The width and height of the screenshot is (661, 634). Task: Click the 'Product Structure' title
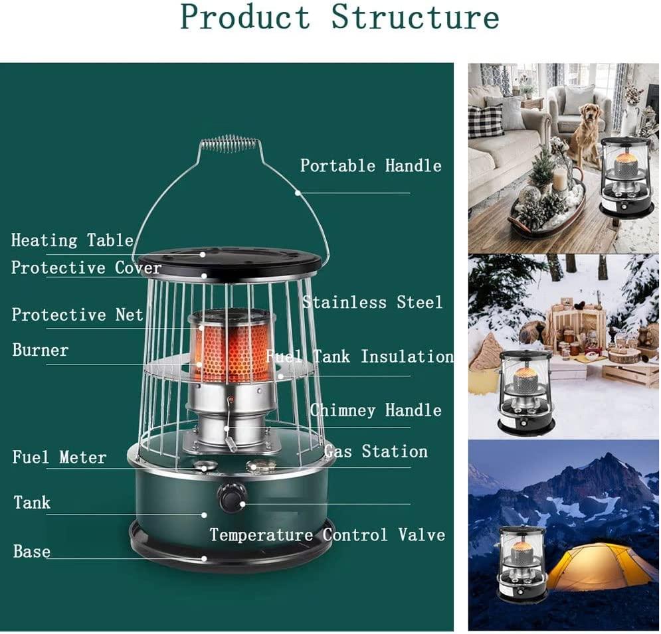click(339, 17)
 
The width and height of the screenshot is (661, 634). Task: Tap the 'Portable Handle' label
click(371, 165)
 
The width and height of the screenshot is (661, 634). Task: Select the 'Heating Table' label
click(72, 240)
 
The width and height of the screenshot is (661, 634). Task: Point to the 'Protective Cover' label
click(86, 268)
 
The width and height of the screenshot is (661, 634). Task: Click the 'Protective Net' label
click(78, 315)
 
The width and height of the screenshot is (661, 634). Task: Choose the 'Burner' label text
click(41, 350)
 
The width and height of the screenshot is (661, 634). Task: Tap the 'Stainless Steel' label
click(373, 302)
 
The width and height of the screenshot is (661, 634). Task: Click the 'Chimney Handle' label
click(376, 410)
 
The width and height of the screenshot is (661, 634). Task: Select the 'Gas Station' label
click(376, 451)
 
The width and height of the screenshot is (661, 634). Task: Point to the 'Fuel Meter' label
click(59, 457)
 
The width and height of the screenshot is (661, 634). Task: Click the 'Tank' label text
click(32, 502)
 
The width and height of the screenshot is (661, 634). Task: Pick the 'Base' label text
click(32, 552)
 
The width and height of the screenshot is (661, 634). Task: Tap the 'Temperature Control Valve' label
click(328, 534)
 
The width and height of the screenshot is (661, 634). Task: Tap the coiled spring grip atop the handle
click(229, 143)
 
